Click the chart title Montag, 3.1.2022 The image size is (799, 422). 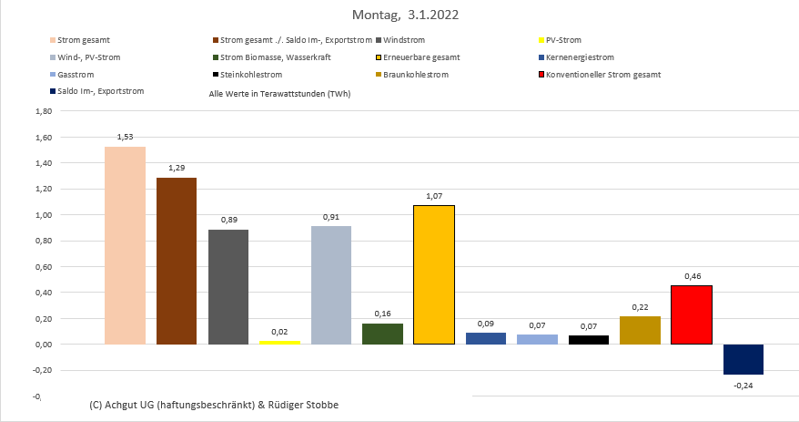pyautogui.click(x=399, y=15)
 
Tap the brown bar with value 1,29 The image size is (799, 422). pyautogui.click(x=177, y=261)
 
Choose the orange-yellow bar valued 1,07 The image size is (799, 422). pyautogui.click(x=434, y=274)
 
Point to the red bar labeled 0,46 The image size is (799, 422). pyautogui.click(x=692, y=314)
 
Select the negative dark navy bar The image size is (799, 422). pyautogui.click(x=743, y=359)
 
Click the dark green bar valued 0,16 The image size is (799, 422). pyautogui.click(x=382, y=334)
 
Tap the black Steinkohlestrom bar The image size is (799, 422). pyautogui.click(x=589, y=339)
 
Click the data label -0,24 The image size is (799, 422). pyautogui.click(x=743, y=385)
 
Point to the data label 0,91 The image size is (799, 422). pyautogui.click(x=331, y=217)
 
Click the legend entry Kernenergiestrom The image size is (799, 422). pyautogui.click(x=582, y=57)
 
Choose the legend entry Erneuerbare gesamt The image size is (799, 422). pyautogui.click(x=421, y=57)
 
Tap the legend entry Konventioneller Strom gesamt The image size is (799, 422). pyautogui.click(x=603, y=74)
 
